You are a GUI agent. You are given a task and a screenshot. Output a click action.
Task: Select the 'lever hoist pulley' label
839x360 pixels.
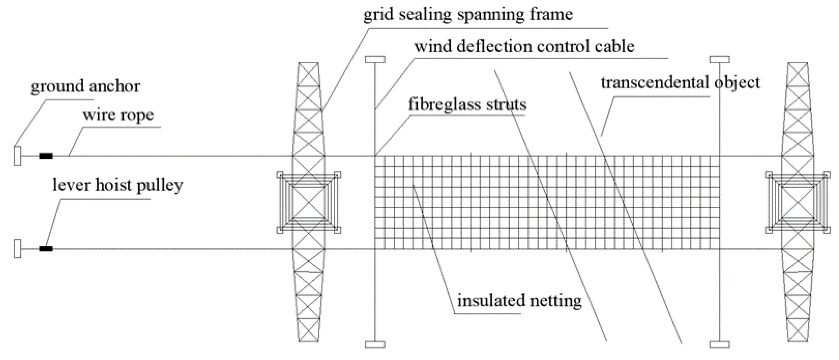(x=117, y=185)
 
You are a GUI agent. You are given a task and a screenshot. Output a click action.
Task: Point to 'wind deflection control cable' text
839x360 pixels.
(x=524, y=46)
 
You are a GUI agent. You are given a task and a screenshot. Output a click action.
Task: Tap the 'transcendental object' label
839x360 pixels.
(x=680, y=83)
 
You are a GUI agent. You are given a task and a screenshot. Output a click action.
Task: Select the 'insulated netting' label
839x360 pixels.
(x=519, y=300)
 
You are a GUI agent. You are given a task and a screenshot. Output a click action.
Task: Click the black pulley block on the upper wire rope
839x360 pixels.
(x=46, y=156)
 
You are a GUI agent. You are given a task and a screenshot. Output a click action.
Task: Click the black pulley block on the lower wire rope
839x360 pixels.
(x=46, y=249)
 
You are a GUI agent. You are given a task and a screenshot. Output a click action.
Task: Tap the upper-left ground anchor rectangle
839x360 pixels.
(x=18, y=156)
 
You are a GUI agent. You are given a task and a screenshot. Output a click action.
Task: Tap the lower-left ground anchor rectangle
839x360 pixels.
(x=18, y=249)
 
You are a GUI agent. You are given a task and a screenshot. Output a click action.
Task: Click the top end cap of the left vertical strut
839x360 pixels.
(x=375, y=60)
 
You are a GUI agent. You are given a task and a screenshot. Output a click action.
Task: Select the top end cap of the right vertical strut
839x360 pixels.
(x=719, y=60)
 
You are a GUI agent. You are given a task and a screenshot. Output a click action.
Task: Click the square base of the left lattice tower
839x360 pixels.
(x=308, y=202)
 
